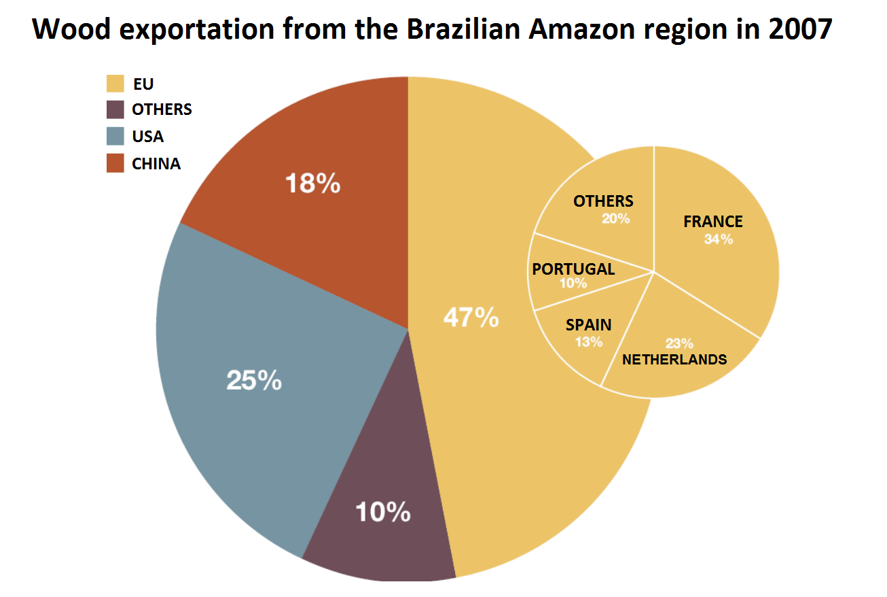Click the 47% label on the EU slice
(x=471, y=318)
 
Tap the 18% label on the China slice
(x=312, y=184)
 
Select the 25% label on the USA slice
(x=253, y=381)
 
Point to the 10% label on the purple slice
(x=382, y=512)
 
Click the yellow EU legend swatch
(x=115, y=84)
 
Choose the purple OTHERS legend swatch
(x=115, y=109)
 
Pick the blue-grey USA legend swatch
(x=115, y=136)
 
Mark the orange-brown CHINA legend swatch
(x=115, y=163)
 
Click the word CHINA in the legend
(x=156, y=164)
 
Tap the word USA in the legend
(x=147, y=137)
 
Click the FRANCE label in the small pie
(x=713, y=222)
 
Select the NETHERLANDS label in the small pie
(x=674, y=360)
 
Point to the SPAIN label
(x=588, y=325)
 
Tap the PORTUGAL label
(x=573, y=269)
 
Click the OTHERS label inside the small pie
(x=603, y=201)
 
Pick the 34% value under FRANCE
(x=719, y=239)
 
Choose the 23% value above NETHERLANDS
(x=679, y=343)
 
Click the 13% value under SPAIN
(x=588, y=342)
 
